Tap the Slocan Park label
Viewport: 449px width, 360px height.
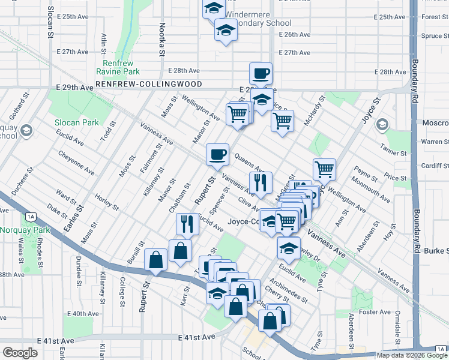tap(76, 122)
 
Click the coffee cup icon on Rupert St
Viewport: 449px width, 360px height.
tap(217, 154)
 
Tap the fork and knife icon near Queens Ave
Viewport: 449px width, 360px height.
tap(261, 182)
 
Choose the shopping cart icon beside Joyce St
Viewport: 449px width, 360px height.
tap(324, 169)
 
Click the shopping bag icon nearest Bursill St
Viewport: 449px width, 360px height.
tap(156, 260)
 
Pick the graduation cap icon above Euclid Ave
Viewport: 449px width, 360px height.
tap(289, 247)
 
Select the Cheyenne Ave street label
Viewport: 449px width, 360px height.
tap(76, 163)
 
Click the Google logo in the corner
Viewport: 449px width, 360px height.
tap(20, 353)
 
